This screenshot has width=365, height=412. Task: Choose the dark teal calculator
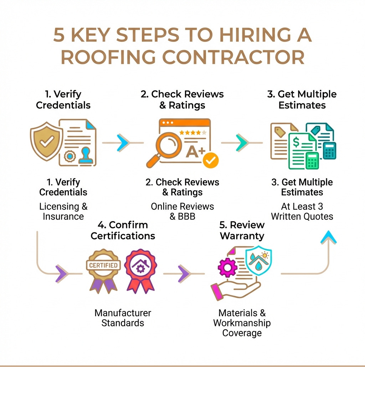click(329, 151)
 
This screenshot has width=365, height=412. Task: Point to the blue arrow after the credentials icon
click(123, 142)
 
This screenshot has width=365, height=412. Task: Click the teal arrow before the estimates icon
click(242, 142)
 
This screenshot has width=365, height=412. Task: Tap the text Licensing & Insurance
click(63, 211)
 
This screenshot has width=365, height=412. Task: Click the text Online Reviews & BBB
click(182, 211)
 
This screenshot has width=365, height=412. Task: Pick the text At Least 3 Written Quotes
click(302, 211)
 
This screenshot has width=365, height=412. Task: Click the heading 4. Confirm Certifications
click(123, 230)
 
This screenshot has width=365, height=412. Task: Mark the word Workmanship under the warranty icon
click(242, 323)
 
